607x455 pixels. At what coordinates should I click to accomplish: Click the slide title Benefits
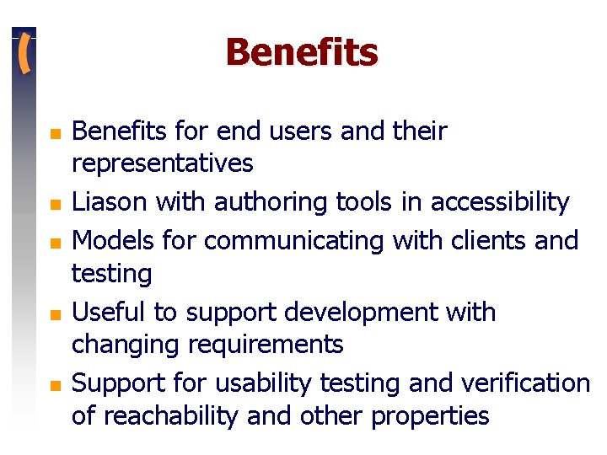(x=302, y=52)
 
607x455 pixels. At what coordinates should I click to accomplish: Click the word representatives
(x=162, y=163)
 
